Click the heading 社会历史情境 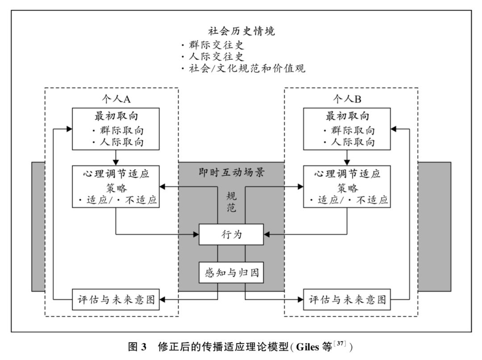241,31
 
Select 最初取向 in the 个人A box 116,116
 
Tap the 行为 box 232,234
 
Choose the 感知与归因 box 232,273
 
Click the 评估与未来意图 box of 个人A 116,300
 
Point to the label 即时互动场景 232,172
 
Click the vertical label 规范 232,202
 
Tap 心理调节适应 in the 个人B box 347,174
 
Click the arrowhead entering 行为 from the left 196,234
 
